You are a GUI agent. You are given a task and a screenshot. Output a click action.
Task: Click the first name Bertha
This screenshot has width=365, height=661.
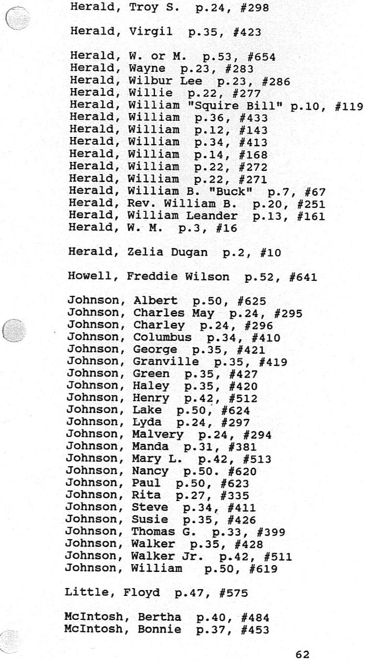coord(160,618)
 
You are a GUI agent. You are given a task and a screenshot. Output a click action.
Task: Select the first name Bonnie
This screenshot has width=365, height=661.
coord(160,630)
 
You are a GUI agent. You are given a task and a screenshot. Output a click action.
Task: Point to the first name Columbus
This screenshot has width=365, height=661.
coord(162,338)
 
